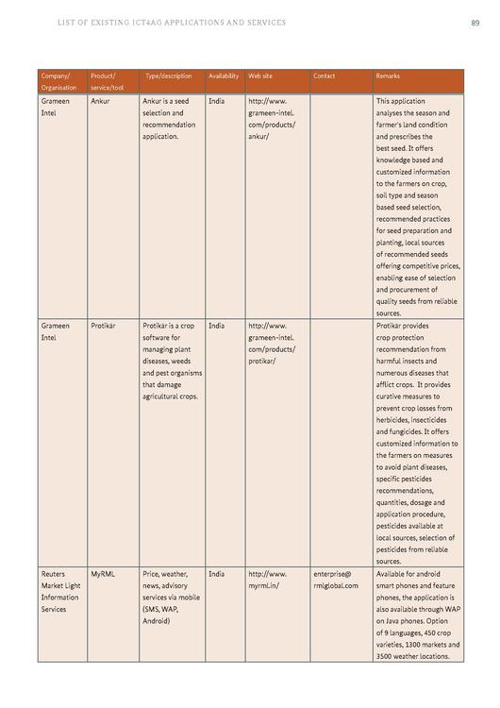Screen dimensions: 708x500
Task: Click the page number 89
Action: tap(475, 22)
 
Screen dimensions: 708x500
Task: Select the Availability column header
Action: tap(223, 76)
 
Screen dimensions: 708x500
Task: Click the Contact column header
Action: tap(324, 76)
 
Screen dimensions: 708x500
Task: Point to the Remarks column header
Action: tap(388, 76)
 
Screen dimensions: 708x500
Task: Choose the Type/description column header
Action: tap(168, 76)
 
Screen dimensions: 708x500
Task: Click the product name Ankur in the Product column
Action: tap(100, 100)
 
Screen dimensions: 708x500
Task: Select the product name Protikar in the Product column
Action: tap(103, 326)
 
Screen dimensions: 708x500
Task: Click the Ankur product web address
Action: tap(271, 118)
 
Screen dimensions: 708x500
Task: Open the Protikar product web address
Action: tap(271, 344)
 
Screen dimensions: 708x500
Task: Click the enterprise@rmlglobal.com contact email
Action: tap(335, 580)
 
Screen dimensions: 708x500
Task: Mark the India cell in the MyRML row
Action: tap(216, 574)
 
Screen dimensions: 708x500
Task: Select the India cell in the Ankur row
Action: tap(216, 100)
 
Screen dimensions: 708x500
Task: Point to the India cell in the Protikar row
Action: tap(216, 326)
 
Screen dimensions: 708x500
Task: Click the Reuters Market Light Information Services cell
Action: tap(60, 591)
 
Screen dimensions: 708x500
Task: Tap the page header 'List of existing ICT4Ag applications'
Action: tap(171, 22)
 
